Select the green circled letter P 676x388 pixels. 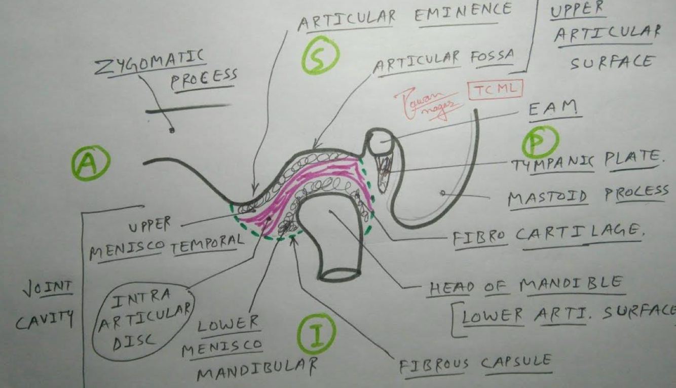pos(540,142)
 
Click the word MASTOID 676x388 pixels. pos(548,198)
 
